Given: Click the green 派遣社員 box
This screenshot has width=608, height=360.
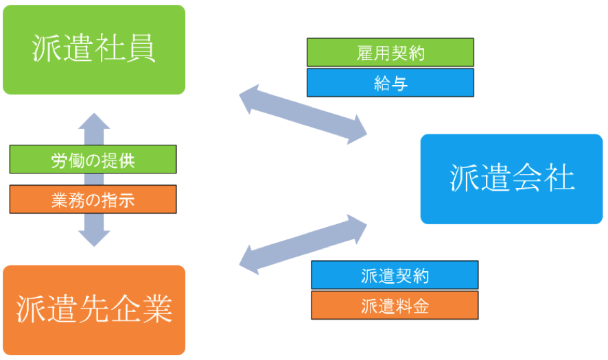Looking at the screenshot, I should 94,49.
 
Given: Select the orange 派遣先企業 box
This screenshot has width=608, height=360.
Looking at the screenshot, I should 94,310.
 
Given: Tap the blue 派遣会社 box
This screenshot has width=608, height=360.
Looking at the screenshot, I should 511,179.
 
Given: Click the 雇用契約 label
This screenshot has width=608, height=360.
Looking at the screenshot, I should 390,53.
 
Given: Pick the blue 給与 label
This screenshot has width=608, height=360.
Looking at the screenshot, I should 390,83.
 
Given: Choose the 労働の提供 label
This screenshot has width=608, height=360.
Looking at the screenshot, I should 93,160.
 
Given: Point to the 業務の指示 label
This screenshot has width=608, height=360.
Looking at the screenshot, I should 93,200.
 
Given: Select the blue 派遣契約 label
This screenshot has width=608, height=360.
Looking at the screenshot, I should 395,276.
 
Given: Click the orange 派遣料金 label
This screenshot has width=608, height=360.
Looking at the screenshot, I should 395,305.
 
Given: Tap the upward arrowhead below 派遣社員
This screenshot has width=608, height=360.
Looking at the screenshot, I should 94,123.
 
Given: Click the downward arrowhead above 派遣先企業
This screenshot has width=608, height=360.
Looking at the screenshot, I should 94,236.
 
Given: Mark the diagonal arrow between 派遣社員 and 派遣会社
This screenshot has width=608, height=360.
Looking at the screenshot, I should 303,114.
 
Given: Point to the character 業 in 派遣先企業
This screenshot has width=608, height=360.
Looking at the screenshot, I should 156,310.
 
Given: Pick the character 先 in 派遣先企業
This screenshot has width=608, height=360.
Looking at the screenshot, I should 94,310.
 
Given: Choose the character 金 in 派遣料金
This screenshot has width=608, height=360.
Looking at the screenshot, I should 421,306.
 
